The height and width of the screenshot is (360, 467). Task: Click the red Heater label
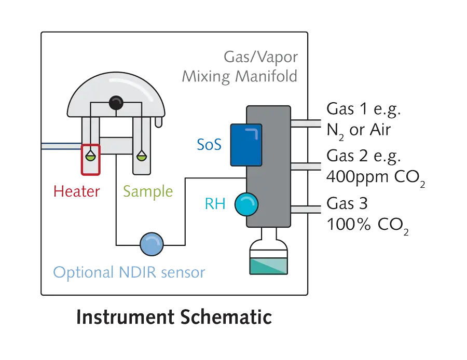click(x=76, y=191)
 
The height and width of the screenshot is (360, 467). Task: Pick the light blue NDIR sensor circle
click(x=152, y=243)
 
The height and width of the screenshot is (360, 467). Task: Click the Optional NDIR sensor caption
click(x=129, y=271)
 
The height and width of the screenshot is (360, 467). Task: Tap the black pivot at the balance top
click(x=115, y=105)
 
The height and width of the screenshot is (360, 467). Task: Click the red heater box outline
click(x=90, y=160)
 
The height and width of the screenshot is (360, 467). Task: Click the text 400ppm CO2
click(x=376, y=178)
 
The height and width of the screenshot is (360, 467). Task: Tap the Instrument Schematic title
click(x=174, y=316)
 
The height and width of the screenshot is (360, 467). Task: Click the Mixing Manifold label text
click(x=240, y=77)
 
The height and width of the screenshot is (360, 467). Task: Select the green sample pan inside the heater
click(x=91, y=155)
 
